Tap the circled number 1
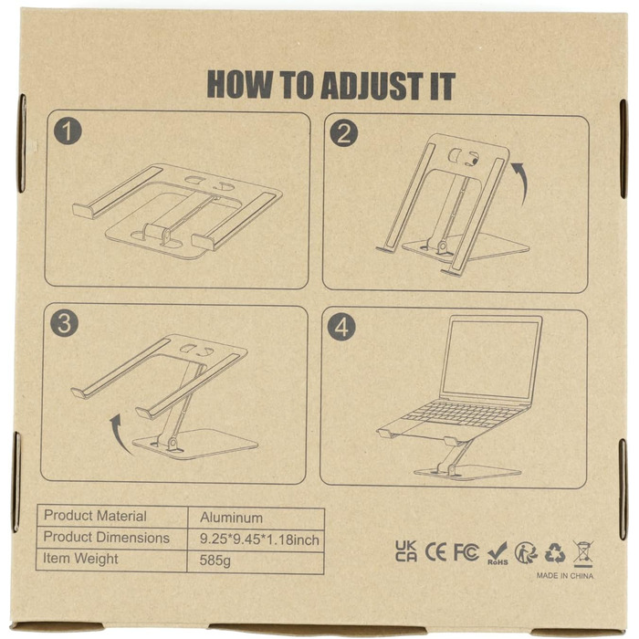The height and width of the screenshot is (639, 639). coord(68,131)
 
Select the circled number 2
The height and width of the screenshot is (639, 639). coord(344,133)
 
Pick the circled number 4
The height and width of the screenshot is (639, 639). coord(342,327)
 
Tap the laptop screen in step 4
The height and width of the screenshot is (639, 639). coord(491,359)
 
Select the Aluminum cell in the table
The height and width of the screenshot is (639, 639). coord(231,518)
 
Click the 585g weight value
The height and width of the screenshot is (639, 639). coord(215,560)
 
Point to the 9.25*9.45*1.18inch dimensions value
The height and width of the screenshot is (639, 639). coord(259,539)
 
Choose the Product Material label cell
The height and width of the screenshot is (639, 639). coord(95,516)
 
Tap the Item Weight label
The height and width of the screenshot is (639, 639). coord(80,559)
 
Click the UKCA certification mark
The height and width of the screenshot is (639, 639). coord(406,551)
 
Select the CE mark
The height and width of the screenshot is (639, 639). coord(435,552)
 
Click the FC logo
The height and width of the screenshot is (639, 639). coord(466,552)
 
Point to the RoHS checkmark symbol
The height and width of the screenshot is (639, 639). coord(498,553)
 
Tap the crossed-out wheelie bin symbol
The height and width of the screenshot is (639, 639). coord(582,553)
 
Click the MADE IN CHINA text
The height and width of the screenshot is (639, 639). coord(565,575)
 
